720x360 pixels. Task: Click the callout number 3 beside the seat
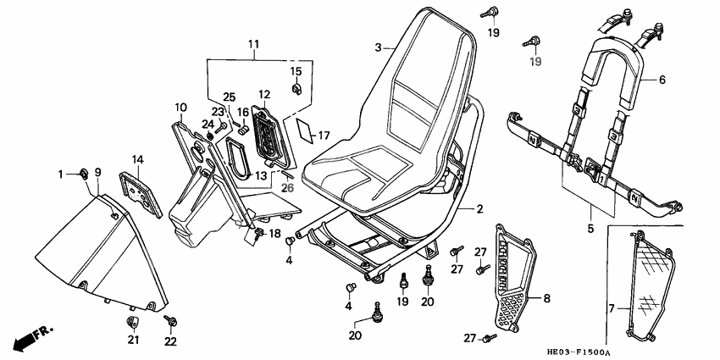click(379, 47)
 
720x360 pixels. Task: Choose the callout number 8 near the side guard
click(546, 298)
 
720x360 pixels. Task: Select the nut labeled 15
click(297, 88)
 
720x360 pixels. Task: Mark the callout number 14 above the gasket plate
click(137, 158)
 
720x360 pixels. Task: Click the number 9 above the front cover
click(97, 173)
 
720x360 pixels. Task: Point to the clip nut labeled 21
click(133, 321)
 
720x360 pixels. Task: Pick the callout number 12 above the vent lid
click(264, 94)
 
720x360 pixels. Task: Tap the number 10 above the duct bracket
click(180, 108)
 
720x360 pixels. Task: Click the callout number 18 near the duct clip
click(274, 233)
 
